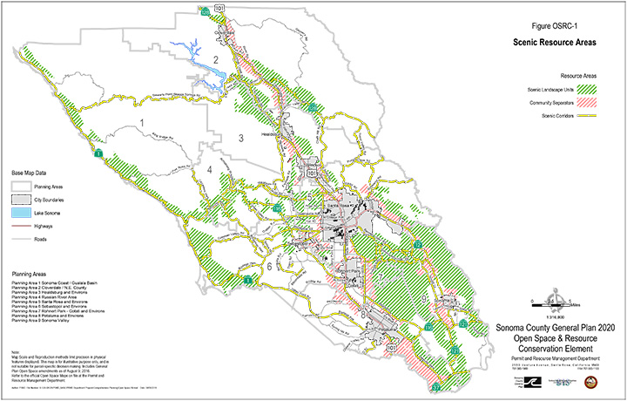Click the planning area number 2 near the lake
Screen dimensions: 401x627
tap(214, 60)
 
